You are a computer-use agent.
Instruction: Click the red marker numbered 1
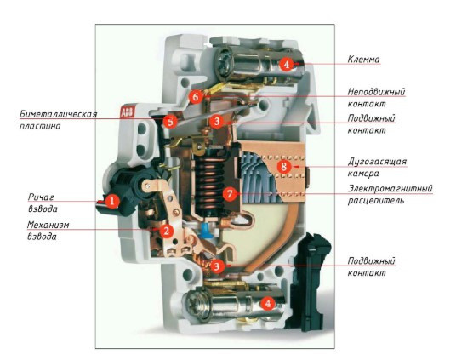(111, 202)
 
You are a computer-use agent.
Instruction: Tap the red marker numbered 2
(168, 231)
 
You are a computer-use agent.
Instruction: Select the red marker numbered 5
(170, 122)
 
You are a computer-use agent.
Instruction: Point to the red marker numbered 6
(196, 97)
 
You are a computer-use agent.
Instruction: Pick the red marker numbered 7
(229, 194)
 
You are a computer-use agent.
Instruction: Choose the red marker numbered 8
(283, 167)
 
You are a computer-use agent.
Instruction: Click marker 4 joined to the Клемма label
(287, 64)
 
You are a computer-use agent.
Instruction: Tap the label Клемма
(364, 60)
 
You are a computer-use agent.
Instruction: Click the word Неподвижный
(376, 90)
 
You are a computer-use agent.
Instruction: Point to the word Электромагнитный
(390, 188)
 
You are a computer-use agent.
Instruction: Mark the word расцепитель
(376, 201)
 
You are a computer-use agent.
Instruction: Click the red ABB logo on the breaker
(127, 112)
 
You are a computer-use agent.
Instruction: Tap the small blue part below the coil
(206, 228)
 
